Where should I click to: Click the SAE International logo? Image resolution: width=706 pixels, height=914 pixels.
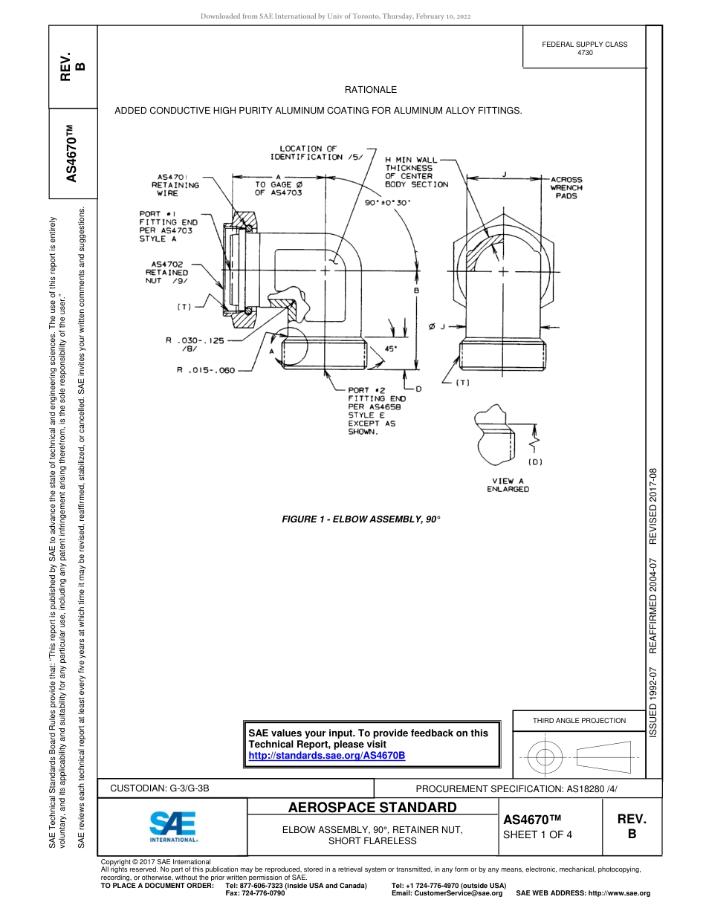tap(172, 826)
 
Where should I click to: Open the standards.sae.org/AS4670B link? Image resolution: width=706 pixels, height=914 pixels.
tap(326, 756)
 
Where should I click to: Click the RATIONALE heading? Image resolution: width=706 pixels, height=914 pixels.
tap(371, 90)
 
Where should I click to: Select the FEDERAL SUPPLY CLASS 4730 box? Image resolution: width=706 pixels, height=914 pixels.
tap(584, 48)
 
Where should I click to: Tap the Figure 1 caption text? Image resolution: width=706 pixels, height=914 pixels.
tap(361, 519)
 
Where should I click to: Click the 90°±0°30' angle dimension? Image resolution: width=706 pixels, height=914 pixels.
tap(393, 201)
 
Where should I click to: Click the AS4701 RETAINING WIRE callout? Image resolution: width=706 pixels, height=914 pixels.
tap(175, 185)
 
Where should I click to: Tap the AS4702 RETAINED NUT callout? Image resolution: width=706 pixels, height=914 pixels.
tap(167, 272)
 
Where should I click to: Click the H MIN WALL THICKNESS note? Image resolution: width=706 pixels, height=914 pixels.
tap(416, 172)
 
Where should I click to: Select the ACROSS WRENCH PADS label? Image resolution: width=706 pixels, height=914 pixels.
tap(566, 187)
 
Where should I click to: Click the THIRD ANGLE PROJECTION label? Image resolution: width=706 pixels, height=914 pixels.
tap(579, 720)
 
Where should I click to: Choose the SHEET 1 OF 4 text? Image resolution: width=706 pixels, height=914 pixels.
tap(538, 834)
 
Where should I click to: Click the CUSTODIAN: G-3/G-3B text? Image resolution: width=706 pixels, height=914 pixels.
tap(165, 788)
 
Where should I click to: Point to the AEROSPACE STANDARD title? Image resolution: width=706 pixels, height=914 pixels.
tap(372, 808)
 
